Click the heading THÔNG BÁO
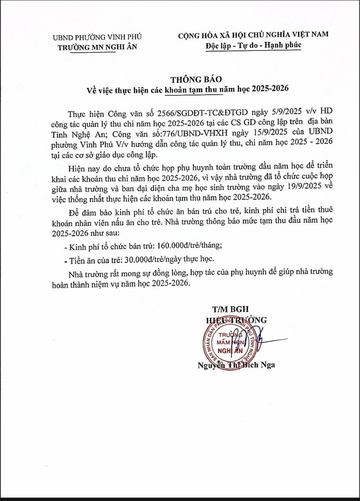pos(189,79)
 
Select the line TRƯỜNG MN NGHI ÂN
pos(97,47)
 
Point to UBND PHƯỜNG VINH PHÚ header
pos(97,38)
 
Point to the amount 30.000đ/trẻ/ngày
pos(151,260)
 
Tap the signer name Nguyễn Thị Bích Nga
pos(236,365)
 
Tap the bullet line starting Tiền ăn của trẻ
pos(139,260)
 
